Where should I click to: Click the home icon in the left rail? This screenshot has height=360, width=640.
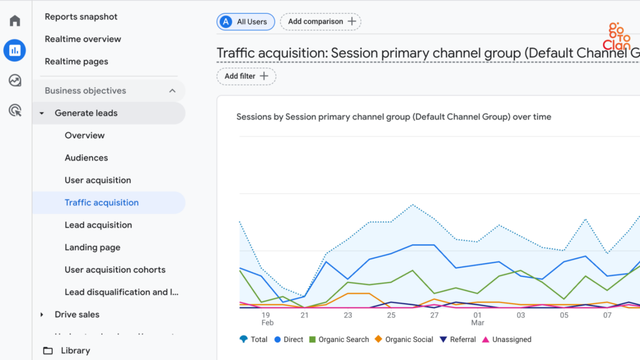(15, 21)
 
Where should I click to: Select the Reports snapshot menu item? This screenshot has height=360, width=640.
(81, 17)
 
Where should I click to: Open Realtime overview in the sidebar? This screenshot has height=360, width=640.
(83, 39)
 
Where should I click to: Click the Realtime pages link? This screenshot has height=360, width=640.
(76, 61)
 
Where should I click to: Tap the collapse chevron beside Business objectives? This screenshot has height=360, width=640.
(172, 91)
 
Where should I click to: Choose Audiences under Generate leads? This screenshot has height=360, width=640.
(86, 157)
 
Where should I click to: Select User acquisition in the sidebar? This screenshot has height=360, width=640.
(98, 180)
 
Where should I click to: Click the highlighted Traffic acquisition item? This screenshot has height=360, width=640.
(102, 202)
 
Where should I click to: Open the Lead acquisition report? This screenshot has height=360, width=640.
(98, 225)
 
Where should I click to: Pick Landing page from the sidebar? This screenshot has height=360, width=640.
(92, 247)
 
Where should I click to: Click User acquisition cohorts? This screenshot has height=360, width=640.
(115, 270)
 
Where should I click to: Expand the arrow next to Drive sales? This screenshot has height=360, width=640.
(42, 314)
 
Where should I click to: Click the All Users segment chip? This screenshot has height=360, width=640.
(246, 22)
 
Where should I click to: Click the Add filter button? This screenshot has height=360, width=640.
(246, 76)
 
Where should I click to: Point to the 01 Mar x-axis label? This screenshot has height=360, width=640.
(477, 319)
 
